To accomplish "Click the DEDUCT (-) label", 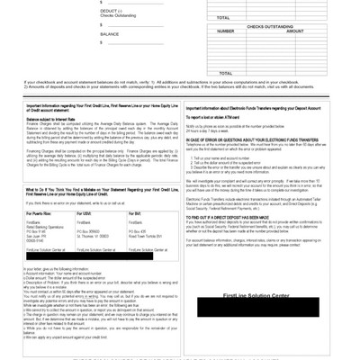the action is pyautogui.click(x=110, y=11).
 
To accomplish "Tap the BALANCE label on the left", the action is pyautogui.click(x=110, y=34).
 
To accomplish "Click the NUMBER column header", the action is pyautogui.click(x=225, y=31).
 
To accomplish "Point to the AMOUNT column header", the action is pyautogui.click(x=295, y=31).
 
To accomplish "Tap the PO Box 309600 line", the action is pyautogui.click(x=92, y=230).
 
